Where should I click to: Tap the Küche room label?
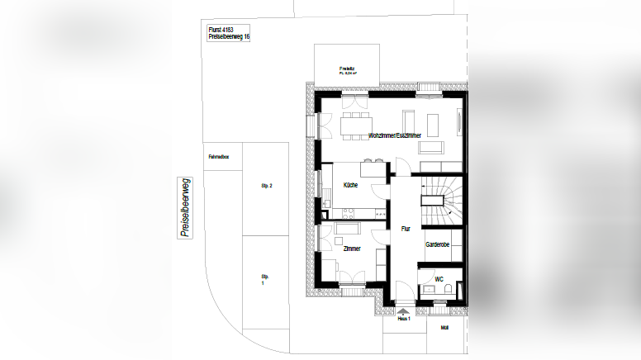coord(351,185)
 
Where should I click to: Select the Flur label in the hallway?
coord(405,229)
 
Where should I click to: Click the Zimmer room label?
coord(351,249)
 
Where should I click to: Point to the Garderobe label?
coord(437,245)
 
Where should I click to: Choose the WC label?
coord(427,280)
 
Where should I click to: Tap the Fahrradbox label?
coord(218,154)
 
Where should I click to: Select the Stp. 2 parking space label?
coord(265,186)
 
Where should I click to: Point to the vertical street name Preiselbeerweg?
coord(184,207)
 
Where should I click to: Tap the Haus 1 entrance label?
coord(404,319)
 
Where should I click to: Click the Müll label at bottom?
coord(444,327)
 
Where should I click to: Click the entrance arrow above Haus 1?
coord(404,311)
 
